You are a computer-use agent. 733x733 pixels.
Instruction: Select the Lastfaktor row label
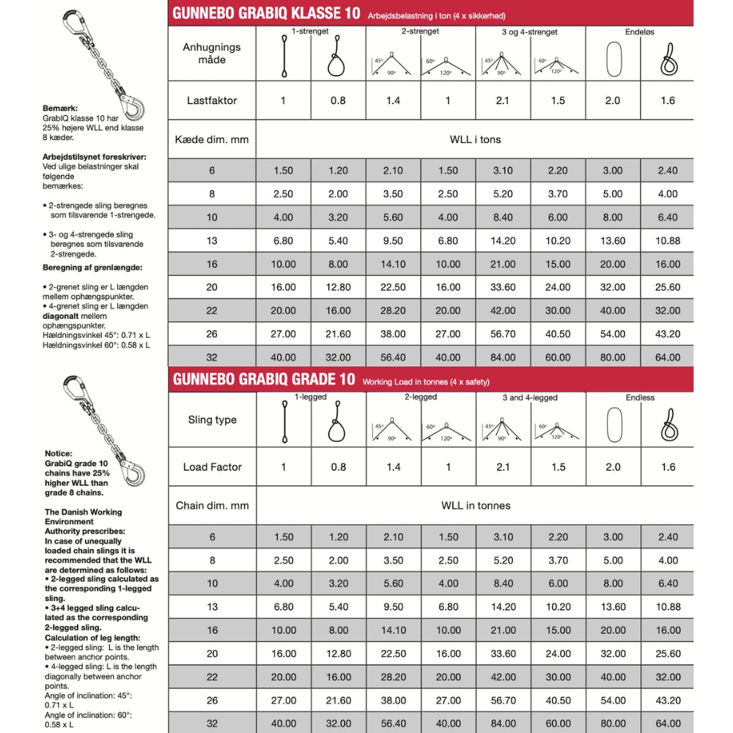tap(212, 100)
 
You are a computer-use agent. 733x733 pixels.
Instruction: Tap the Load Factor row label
tap(212, 467)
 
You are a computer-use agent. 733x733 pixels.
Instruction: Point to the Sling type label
tap(212, 420)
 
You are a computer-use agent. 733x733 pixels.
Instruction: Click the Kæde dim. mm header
tap(212, 139)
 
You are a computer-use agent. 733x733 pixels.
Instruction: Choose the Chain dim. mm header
tap(212, 506)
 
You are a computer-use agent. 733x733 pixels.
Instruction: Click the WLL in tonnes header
tap(475, 506)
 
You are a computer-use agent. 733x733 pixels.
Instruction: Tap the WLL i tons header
tap(475, 139)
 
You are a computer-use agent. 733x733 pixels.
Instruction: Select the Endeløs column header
tap(640, 32)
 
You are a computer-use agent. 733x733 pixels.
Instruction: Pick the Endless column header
tap(640, 398)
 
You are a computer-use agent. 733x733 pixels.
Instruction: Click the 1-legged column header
tap(309, 397)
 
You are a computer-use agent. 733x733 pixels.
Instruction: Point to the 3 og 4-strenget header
tap(530, 32)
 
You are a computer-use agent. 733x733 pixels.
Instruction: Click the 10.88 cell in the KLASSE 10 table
tap(668, 240)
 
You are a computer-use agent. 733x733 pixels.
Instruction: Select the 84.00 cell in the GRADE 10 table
tap(503, 723)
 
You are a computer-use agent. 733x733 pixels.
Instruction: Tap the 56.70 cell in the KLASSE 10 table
tap(503, 334)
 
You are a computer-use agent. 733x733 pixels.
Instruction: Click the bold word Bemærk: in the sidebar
tap(60, 107)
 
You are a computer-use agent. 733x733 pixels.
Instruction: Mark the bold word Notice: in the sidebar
tap(59, 454)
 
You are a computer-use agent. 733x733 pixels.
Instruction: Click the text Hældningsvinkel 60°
tap(74, 345)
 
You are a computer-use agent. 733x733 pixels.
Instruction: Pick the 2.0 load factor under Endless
tap(613, 467)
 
